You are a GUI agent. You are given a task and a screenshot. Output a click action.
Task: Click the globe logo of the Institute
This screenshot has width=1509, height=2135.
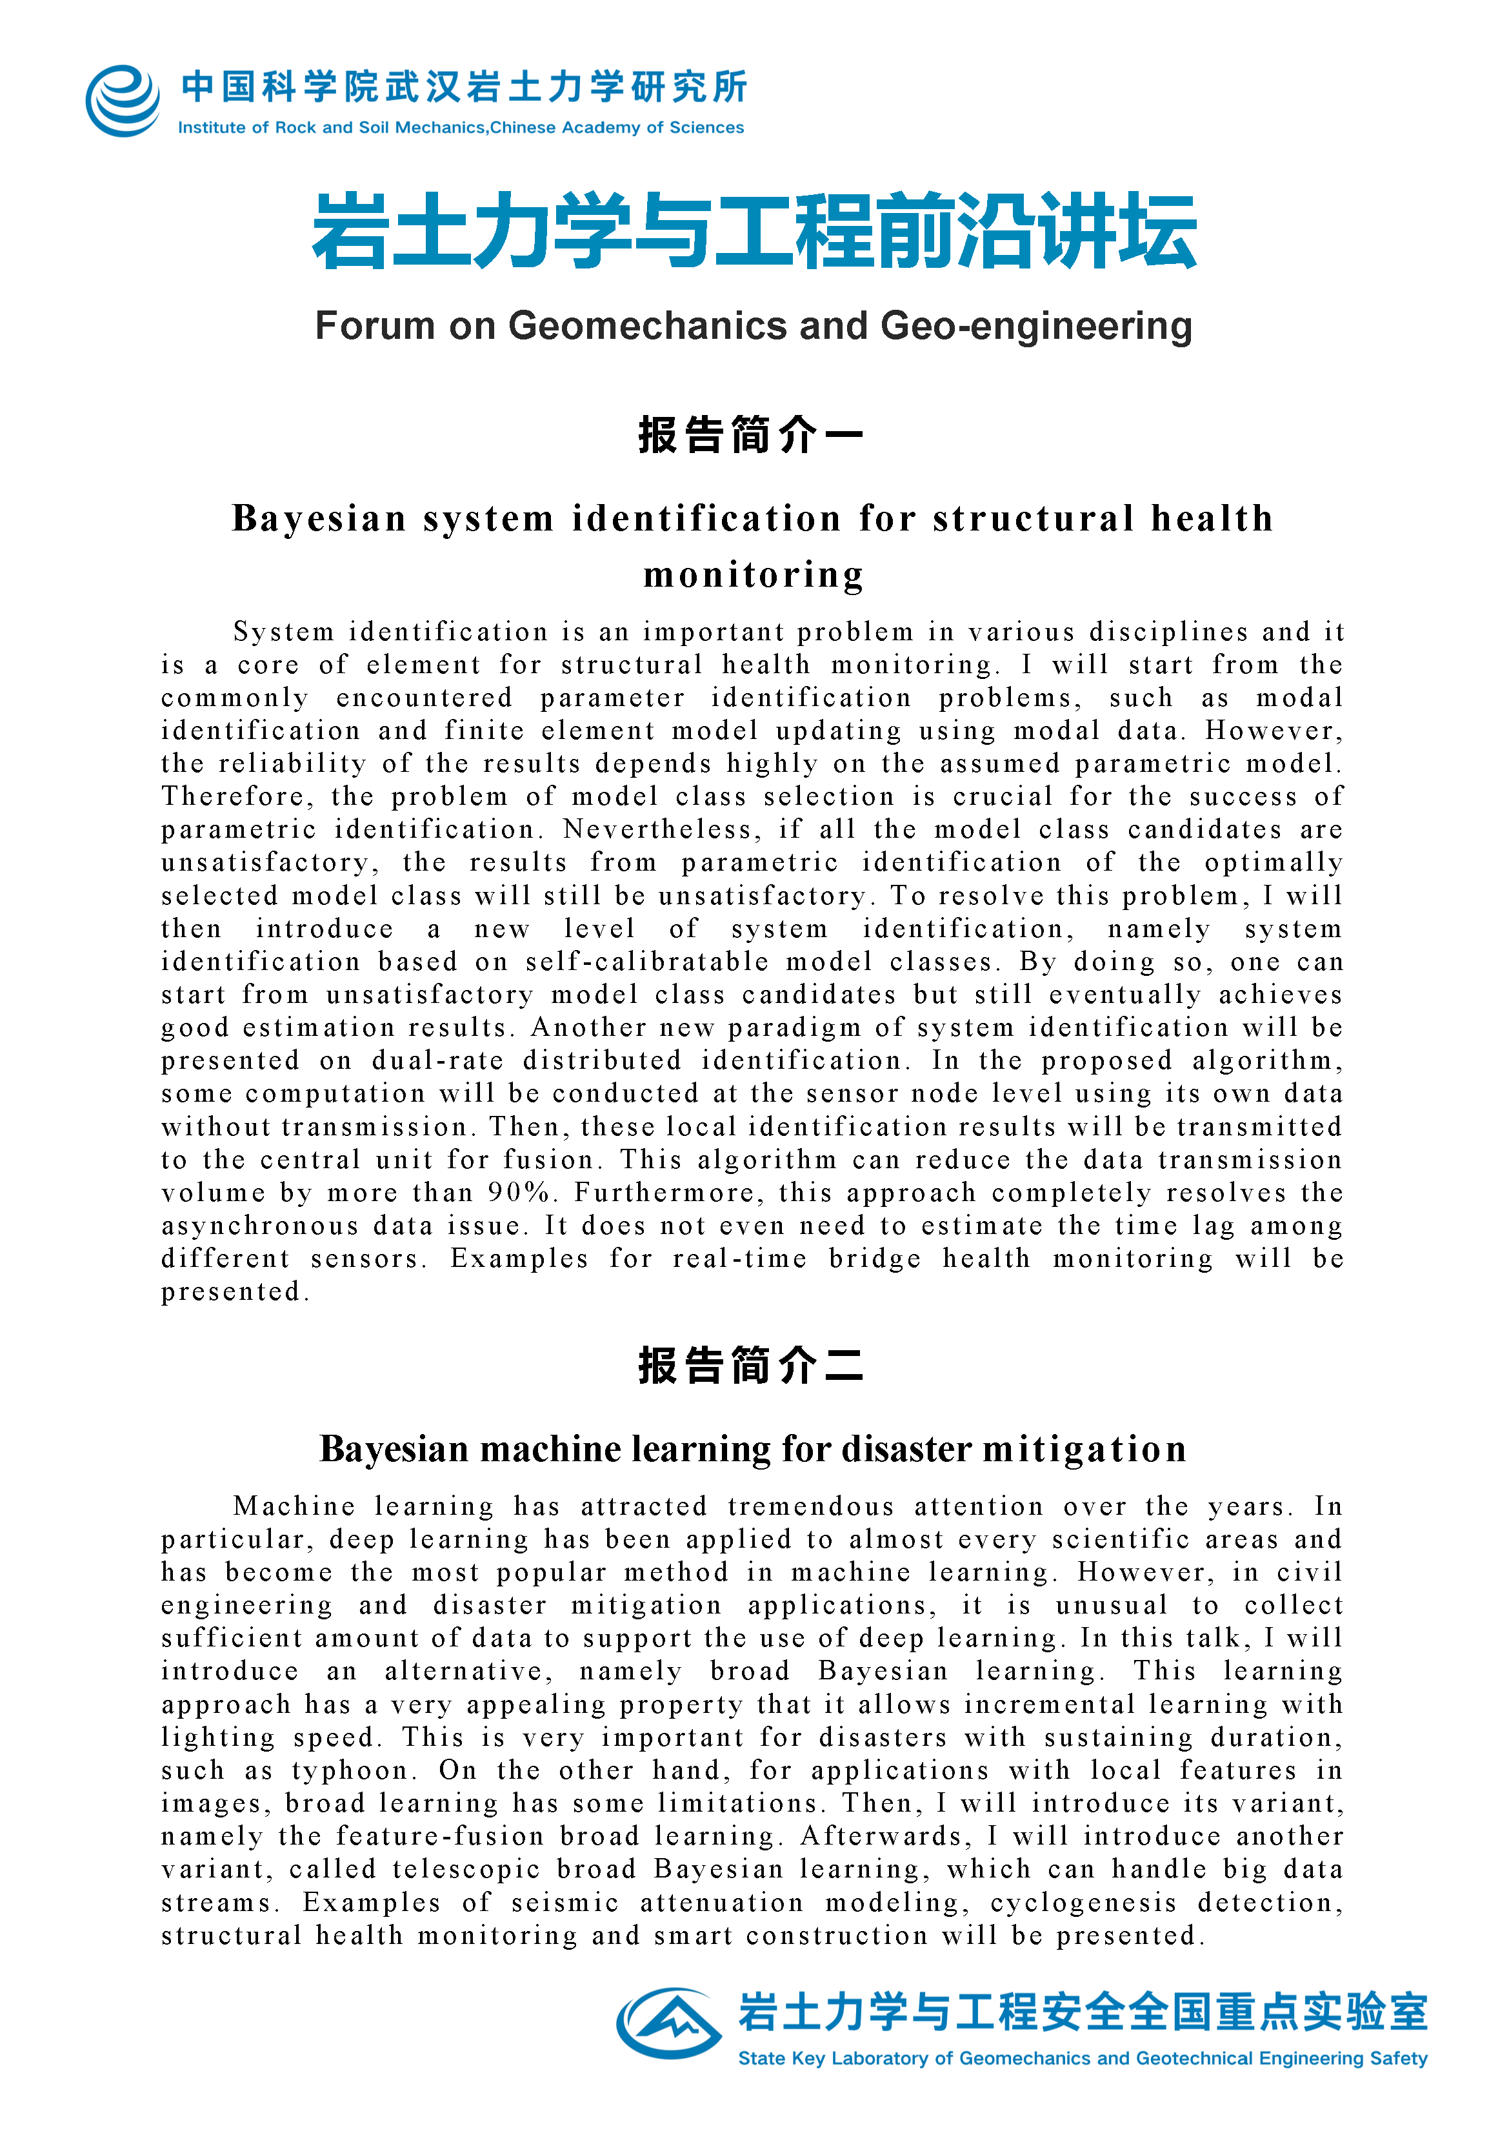tap(123, 101)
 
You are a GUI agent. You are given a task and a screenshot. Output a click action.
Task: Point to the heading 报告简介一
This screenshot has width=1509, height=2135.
tap(751, 435)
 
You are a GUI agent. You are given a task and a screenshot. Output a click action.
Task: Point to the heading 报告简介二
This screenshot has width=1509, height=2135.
tap(751, 1365)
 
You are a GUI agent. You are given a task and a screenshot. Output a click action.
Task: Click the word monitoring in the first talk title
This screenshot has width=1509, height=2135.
tap(753, 574)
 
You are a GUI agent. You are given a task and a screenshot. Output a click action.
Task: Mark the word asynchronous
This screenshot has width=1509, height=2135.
tap(261, 1226)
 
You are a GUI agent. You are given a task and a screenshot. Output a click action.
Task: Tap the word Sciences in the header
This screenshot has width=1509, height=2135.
tap(706, 127)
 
